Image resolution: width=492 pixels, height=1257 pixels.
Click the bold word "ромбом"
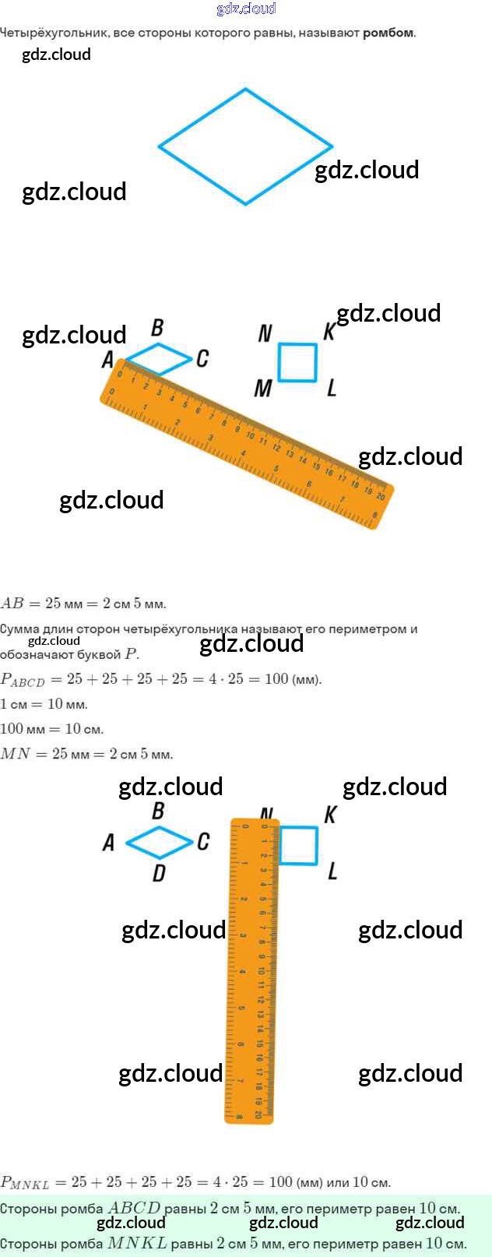pyautogui.click(x=388, y=33)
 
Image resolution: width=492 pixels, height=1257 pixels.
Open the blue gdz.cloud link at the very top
pyautogui.click(x=246, y=9)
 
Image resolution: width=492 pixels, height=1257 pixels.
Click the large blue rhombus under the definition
pyautogui.click(x=246, y=146)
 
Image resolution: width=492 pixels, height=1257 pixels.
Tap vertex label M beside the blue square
pyautogui.click(x=263, y=387)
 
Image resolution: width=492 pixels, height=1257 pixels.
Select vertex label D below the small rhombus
pyautogui.click(x=159, y=873)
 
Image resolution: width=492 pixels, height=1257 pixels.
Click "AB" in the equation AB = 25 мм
pyautogui.click(x=12, y=604)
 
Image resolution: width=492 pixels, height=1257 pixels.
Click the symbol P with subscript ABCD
pyautogui.click(x=23, y=680)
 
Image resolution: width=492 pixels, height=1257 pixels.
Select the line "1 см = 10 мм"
pyautogui.click(x=44, y=704)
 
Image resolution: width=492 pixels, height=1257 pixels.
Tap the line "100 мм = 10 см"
pyautogui.click(x=51, y=729)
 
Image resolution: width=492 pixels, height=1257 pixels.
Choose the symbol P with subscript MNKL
pyautogui.click(x=24, y=1183)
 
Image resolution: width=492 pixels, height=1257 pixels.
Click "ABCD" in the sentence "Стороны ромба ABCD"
pyautogui.click(x=134, y=1208)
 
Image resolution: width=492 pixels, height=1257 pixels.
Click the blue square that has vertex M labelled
pyautogui.click(x=297, y=362)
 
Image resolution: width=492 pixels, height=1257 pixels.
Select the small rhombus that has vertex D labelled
pyautogui.click(x=159, y=841)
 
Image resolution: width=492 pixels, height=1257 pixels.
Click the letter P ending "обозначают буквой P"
pyautogui.click(x=132, y=654)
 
